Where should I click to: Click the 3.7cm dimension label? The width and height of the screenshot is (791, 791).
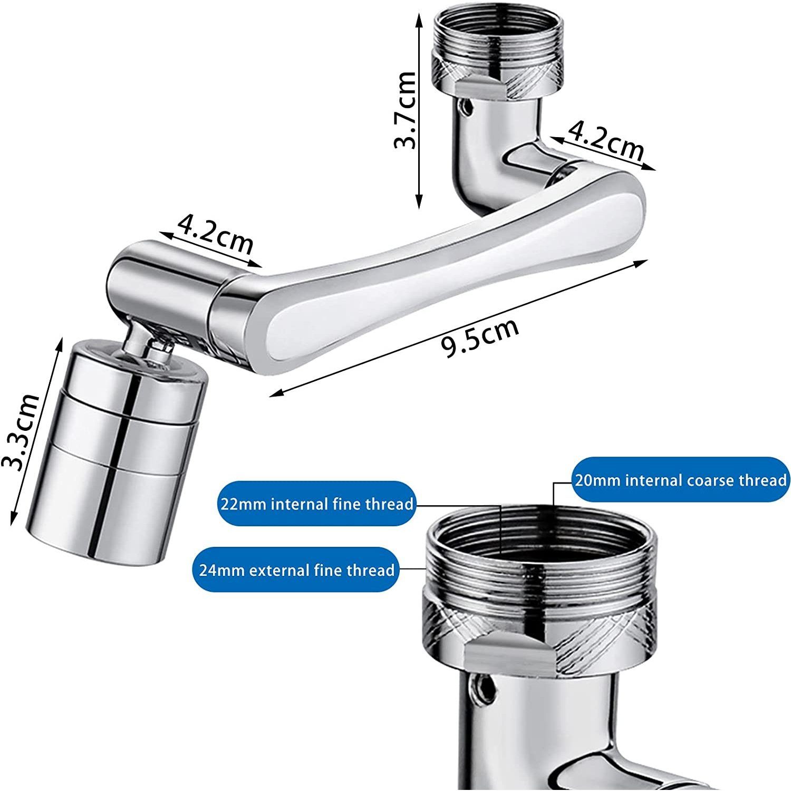click(406, 110)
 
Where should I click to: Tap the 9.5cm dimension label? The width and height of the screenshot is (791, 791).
click(480, 338)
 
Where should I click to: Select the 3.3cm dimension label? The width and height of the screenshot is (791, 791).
click(22, 431)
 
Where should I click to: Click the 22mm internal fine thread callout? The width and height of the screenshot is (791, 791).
click(316, 504)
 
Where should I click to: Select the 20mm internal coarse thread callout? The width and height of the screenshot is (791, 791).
click(680, 480)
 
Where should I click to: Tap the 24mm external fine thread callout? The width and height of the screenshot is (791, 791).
click(296, 570)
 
